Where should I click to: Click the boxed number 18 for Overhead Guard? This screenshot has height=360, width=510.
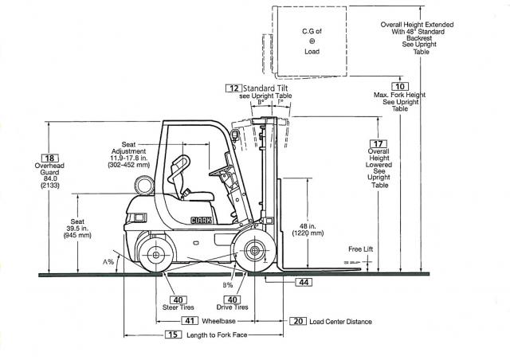(x=51, y=158)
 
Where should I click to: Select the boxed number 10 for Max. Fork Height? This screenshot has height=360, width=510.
(x=400, y=86)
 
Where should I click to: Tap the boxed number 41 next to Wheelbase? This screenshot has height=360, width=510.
(x=189, y=320)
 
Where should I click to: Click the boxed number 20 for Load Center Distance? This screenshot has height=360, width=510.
(x=297, y=320)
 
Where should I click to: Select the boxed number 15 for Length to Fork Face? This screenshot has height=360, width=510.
(x=173, y=335)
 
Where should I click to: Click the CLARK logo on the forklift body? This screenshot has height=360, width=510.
(x=202, y=220)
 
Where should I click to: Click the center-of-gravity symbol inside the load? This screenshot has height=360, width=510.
(x=312, y=41)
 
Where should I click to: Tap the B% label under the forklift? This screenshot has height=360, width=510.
(x=228, y=284)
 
